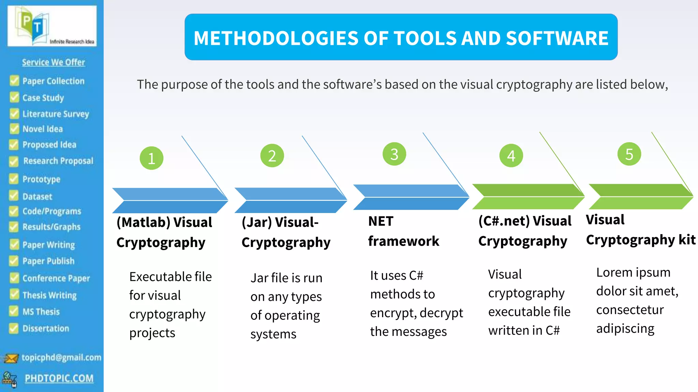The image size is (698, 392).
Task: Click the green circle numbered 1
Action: [151, 158]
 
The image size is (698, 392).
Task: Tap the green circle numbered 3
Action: [394, 154]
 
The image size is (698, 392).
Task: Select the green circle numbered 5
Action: [629, 154]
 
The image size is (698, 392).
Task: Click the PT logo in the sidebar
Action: [52, 26]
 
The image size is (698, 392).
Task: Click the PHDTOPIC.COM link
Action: [59, 378]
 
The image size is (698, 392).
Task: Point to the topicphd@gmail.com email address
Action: [61, 357]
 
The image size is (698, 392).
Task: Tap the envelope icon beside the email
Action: [11, 358]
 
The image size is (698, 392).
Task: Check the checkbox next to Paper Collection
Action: [14, 81]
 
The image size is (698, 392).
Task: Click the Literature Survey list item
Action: [56, 114]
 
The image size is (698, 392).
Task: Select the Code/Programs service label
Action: [52, 211]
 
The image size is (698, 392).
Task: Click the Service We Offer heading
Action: [54, 62]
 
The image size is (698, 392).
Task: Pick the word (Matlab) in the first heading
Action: [143, 222]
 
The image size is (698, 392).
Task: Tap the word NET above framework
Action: [381, 221]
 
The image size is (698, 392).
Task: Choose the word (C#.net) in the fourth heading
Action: [504, 221]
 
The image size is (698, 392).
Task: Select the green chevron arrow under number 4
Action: [528, 197]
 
